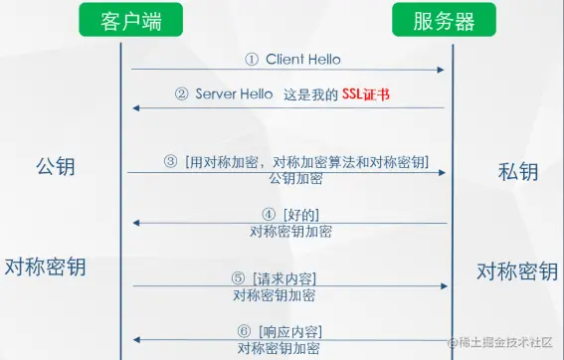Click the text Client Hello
click(302, 59)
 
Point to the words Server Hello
click(234, 95)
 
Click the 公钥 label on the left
click(55, 165)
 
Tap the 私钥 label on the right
click(517, 171)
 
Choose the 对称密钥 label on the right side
click(516, 271)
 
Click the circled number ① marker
click(252, 59)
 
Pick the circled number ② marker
click(181, 95)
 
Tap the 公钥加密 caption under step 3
click(295, 179)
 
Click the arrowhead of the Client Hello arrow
click(440, 70)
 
